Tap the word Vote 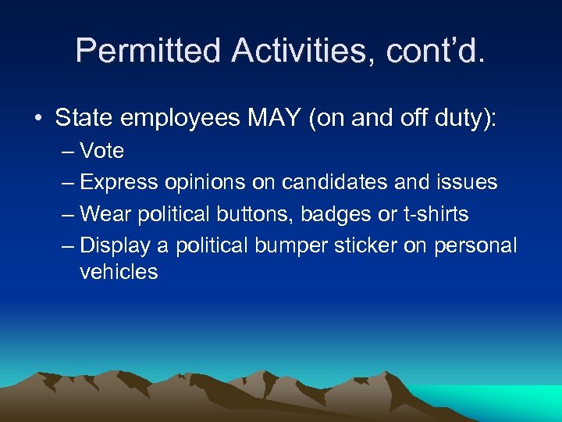[102, 151]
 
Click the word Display [116, 245]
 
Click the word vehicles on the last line [119, 272]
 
